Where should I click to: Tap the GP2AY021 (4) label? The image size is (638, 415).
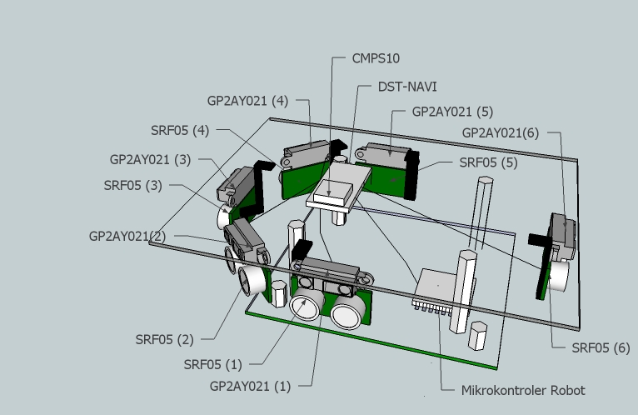point(247,101)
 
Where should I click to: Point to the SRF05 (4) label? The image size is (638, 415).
point(180,130)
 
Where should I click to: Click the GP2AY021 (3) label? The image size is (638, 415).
point(150,158)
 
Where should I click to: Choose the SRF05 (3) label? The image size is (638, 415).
point(132,185)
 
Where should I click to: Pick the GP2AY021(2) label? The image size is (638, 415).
point(127,236)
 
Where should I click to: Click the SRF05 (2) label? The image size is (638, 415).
point(164,339)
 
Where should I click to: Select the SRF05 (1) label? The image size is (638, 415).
point(212,364)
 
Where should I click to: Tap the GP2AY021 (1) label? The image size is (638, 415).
point(251,387)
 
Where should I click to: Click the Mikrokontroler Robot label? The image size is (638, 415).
point(523,390)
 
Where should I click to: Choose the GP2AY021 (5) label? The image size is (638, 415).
point(453,111)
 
